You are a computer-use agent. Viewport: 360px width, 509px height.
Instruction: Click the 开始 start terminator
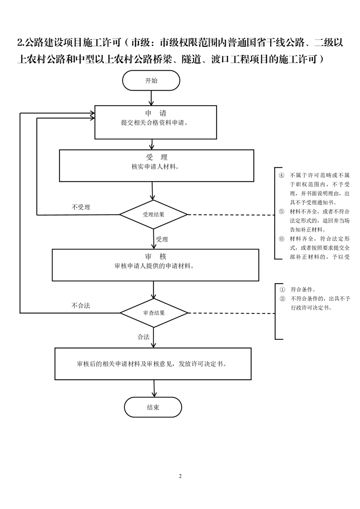151,81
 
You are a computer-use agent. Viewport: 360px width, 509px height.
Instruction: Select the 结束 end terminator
153,407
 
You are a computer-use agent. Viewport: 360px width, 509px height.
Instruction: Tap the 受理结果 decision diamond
153,215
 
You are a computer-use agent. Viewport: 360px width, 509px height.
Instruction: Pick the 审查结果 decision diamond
153,313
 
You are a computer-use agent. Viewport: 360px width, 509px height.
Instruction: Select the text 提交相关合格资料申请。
155,122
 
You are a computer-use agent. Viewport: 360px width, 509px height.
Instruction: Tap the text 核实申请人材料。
155,166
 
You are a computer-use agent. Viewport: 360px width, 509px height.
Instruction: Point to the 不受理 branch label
81,207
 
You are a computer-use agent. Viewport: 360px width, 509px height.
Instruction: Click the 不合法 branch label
81,306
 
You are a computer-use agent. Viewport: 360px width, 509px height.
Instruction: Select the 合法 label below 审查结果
143,337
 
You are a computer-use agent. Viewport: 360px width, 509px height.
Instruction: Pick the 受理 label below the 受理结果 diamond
162,239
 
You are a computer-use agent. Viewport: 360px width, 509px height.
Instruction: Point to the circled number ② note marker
282,299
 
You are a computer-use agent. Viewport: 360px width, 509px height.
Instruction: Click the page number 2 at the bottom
180,476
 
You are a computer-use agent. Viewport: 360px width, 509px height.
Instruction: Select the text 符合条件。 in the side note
303,289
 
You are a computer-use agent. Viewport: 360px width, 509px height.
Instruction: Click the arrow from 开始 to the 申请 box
152,97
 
